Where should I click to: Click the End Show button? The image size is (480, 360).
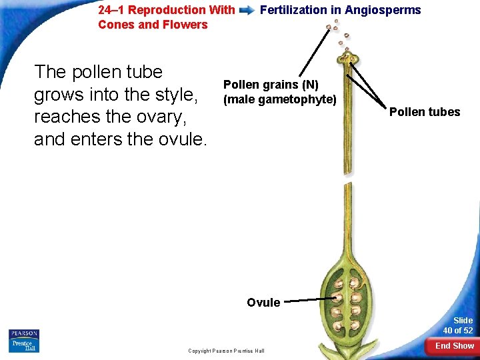tap(455, 346)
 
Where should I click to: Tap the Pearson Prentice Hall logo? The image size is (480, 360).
tap(24, 340)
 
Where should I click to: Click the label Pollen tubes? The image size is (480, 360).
tap(425, 112)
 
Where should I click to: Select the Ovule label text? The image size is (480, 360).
tap(263, 303)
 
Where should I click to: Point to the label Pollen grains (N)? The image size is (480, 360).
tap(271, 85)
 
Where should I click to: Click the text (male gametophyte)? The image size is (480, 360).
tap(279, 99)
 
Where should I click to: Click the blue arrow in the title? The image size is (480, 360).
tap(247, 11)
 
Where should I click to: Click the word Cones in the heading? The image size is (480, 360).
tap(114, 25)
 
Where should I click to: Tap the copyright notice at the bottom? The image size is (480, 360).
tap(226, 351)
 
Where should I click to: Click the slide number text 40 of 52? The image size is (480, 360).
tap(458, 331)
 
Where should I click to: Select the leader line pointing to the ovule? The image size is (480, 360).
tap(310, 301)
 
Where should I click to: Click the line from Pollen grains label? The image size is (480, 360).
tap(315, 53)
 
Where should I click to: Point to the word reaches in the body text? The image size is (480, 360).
tap(67, 117)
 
